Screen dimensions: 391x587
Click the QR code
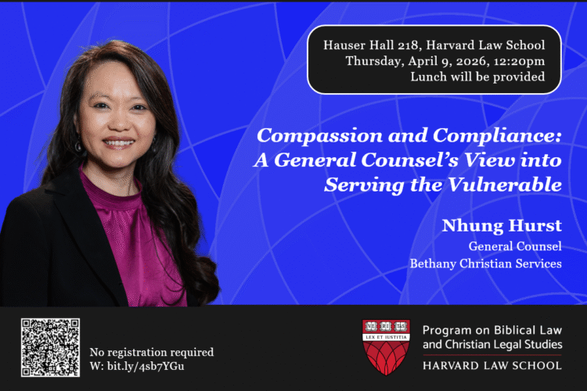[x=50, y=347]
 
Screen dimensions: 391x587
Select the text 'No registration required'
[x=152, y=352]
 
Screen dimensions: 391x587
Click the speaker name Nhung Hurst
[x=502, y=227]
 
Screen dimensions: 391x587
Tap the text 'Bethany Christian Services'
[x=485, y=264]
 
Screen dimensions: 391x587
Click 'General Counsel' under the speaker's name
[x=515, y=246]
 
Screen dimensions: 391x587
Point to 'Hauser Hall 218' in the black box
[x=365, y=45]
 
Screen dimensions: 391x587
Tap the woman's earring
[x=78, y=146]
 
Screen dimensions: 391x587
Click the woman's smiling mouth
[x=119, y=143]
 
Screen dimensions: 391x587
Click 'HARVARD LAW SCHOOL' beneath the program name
[x=492, y=365]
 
